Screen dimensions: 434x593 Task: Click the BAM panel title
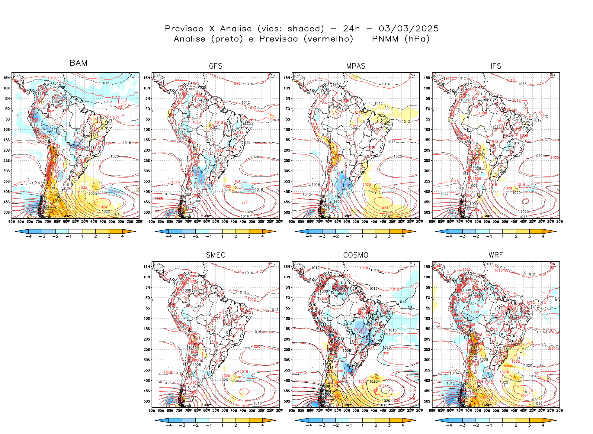tap(78, 63)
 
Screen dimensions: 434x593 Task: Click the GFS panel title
tap(216, 66)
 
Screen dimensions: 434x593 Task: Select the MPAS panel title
tap(356, 66)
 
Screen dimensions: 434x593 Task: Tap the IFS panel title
tap(496, 66)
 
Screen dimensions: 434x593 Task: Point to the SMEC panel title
tap(216, 255)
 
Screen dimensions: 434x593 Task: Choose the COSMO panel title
tap(356, 255)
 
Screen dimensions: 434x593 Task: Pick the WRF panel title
tap(496, 255)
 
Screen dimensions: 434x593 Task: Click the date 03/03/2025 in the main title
tap(409, 29)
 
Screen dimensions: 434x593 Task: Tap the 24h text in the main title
tap(351, 29)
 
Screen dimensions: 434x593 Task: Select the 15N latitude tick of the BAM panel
tap(7, 78)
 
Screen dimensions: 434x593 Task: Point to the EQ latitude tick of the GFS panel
tap(147, 109)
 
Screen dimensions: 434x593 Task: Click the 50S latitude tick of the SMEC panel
tap(147, 401)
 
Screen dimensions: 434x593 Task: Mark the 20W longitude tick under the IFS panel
tap(559, 222)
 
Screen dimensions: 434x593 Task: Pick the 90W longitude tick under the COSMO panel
tap(292, 410)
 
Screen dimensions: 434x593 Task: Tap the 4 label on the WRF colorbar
tap(543, 425)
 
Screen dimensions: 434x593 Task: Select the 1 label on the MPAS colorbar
tap(362, 236)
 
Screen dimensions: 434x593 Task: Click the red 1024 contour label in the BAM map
tap(103, 207)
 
